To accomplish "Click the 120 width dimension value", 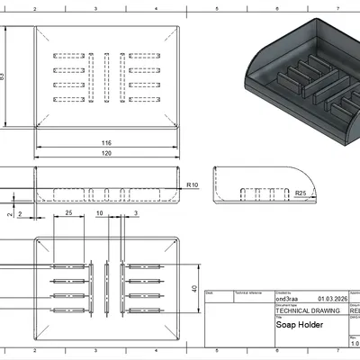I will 106,155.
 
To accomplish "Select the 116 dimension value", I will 106,143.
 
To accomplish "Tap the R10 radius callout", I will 193,184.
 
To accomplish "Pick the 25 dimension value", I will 69,213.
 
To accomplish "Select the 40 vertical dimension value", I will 193,289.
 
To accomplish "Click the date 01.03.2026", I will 330,298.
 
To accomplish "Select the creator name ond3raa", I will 287,298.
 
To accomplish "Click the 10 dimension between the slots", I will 100,213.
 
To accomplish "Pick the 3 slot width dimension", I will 135,213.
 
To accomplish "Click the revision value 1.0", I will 354,342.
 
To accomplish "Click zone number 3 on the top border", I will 95,5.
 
